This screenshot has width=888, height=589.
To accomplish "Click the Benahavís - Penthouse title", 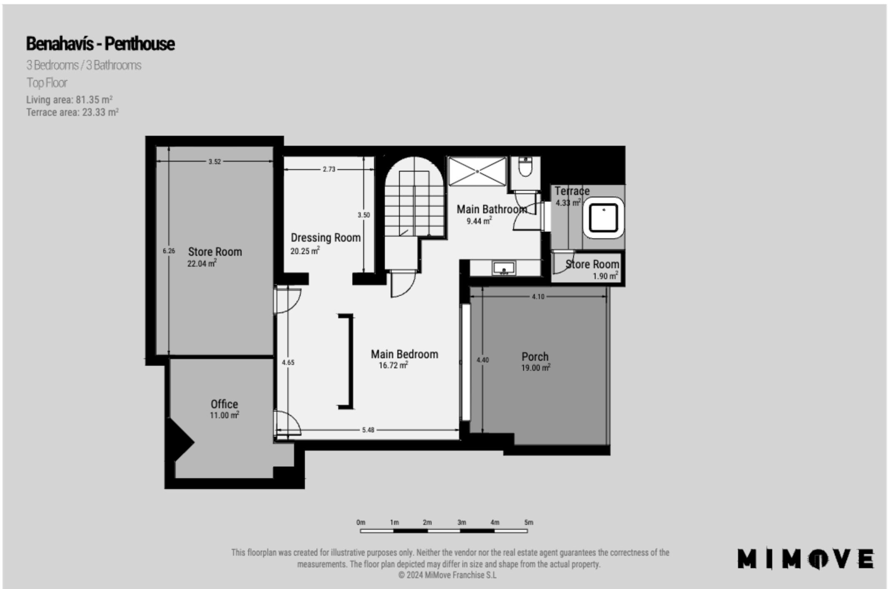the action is [x=100, y=44].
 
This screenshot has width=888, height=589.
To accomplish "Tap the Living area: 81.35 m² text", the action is [x=69, y=100].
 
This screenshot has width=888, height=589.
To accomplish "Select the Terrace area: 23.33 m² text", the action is [x=72, y=112].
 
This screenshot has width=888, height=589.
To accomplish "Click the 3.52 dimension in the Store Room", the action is [x=215, y=162].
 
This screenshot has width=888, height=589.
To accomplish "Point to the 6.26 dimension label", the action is [x=169, y=251].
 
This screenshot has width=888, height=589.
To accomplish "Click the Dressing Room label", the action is [x=326, y=237].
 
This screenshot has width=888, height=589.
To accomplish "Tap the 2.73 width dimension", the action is [x=329, y=169].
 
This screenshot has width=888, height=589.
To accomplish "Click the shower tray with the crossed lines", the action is [x=477, y=171].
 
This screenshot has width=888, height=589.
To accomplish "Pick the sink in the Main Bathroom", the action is [x=504, y=268].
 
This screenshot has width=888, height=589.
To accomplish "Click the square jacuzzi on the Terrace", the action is [x=604, y=218].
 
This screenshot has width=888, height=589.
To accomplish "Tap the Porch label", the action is [x=535, y=357].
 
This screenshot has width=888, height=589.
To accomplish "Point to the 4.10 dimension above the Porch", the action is [x=538, y=297].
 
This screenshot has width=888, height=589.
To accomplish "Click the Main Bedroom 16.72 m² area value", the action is [x=393, y=365].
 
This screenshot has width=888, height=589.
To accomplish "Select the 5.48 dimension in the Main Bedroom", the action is [x=368, y=430].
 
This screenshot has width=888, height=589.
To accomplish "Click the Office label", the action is [x=224, y=404].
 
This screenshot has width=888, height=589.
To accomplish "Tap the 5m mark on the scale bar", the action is [x=528, y=522].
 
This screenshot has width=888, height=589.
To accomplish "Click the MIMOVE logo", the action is [x=806, y=559].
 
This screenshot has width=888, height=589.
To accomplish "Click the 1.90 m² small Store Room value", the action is [x=606, y=276].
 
